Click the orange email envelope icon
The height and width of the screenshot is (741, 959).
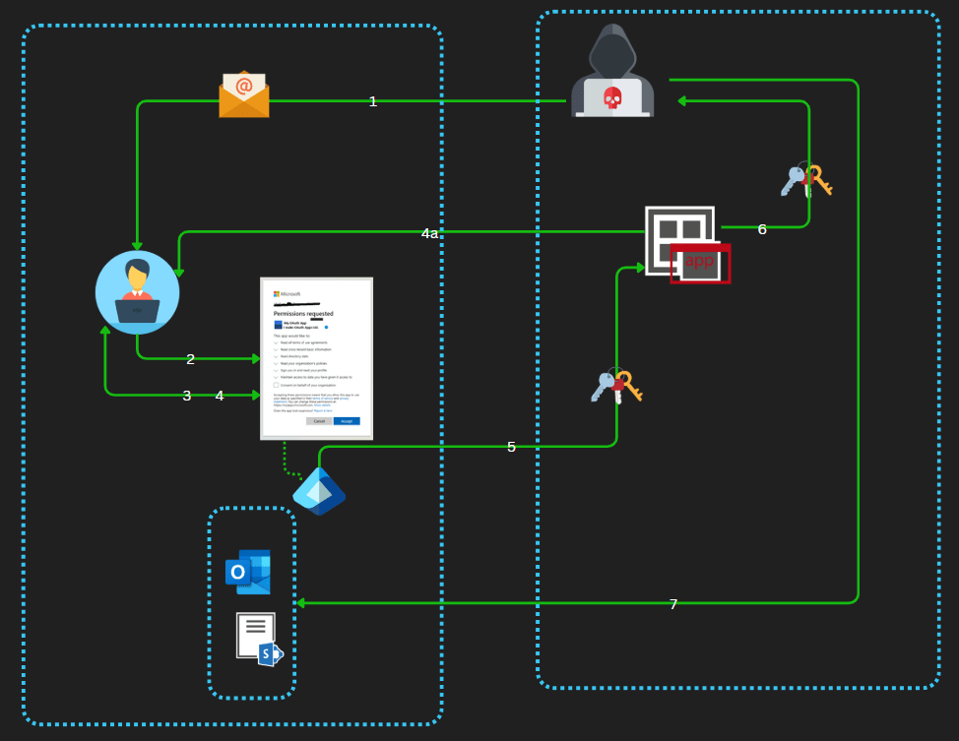pyautogui.click(x=244, y=94)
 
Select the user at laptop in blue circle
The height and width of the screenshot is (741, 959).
pyautogui.click(x=137, y=292)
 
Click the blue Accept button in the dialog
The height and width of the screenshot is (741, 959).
pyautogui.click(x=347, y=420)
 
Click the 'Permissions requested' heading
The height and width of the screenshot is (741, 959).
pyautogui.click(x=303, y=313)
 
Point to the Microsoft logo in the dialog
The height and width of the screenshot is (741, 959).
pyautogui.click(x=277, y=293)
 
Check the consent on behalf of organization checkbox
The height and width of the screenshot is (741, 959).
pyautogui.click(x=277, y=385)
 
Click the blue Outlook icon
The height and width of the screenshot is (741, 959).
pyautogui.click(x=248, y=572)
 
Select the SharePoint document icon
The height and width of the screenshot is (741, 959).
pyautogui.click(x=259, y=639)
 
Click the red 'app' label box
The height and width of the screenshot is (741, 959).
pyautogui.click(x=700, y=263)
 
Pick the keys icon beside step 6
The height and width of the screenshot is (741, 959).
pyautogui.click(x=806, y=180)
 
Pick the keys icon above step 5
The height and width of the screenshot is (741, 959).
pyautogui.click(x=616, y=385)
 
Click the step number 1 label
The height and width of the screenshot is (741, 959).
pyautogui.click(x=373, y=101)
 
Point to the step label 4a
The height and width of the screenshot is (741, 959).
pyautogui.click(x=429, y=233)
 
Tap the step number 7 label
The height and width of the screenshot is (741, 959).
pyautogui.click(x=673, y=604)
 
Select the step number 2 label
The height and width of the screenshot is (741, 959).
pyautogui.click(x=191, y=359)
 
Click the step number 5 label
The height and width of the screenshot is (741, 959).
pyautogui.click(x=511, y=447)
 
